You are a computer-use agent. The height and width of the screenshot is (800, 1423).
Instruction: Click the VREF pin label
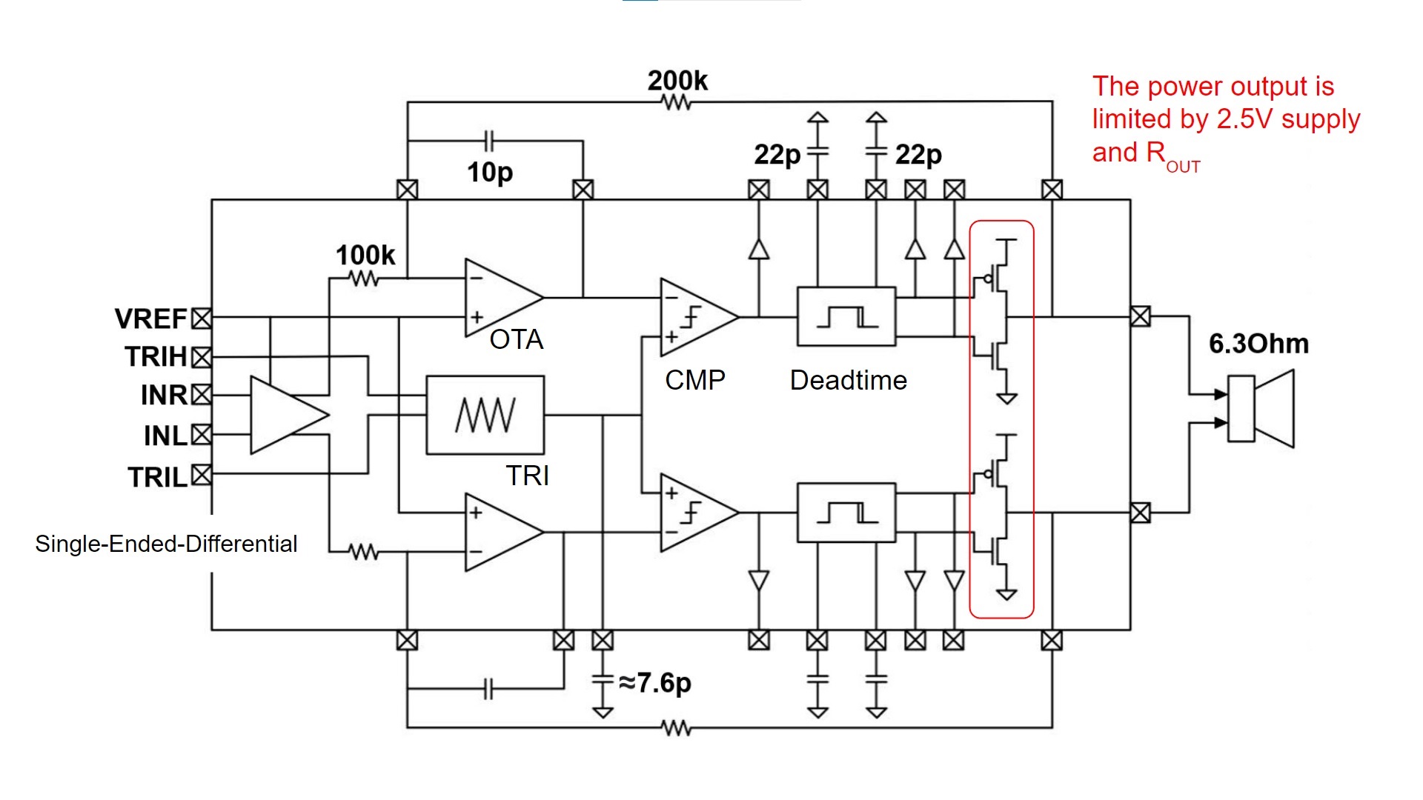151,319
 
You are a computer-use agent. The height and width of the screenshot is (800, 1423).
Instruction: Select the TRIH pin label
156,357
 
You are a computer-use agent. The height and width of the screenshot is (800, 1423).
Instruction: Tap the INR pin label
165,396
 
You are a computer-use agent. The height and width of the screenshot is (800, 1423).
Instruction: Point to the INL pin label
166,436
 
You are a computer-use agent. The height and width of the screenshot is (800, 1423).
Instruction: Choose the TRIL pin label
158,477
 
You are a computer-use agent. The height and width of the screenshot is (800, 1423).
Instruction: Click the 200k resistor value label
677,80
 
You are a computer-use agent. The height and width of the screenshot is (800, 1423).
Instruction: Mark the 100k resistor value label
365,255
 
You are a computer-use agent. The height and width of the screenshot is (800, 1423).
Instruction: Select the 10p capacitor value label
490,173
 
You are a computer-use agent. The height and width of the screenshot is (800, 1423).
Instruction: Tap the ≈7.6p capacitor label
655,682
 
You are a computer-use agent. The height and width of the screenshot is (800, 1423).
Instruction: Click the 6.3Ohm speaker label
1258,344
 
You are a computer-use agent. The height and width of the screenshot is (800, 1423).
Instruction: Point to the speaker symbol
1261,409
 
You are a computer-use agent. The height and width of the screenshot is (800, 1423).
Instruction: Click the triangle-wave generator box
485,415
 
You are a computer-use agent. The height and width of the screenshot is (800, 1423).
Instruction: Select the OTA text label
517,339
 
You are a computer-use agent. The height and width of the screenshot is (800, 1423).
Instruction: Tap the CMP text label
695,380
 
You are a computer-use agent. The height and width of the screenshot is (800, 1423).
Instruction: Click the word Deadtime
849,380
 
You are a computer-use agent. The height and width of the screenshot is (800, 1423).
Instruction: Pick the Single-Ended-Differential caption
166,544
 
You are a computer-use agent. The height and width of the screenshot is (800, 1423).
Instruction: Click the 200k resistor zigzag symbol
677,102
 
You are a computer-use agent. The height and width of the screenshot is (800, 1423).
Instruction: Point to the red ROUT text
1173,155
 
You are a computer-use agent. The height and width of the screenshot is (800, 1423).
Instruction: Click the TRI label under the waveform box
528,476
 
